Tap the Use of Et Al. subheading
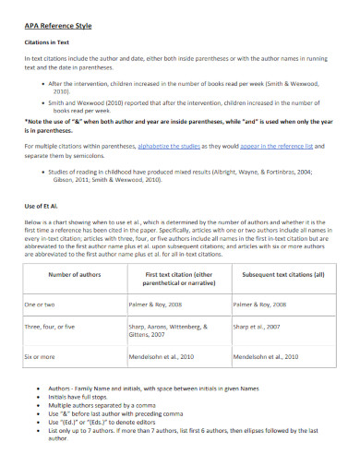(42, 207)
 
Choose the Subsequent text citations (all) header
(283, 275)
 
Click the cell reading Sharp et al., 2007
(259, 326)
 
